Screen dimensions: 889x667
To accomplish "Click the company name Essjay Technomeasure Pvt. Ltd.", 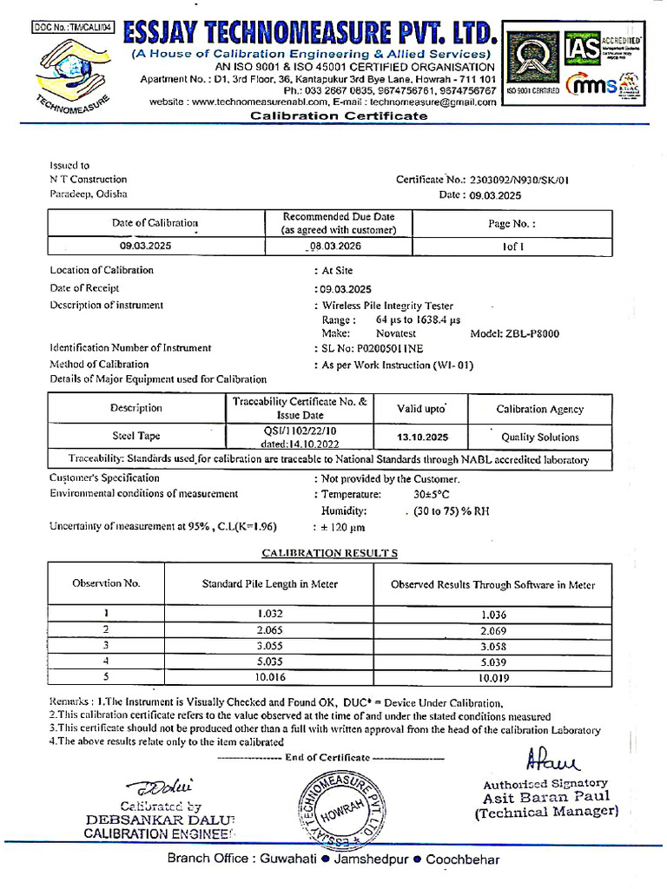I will click(311, 32).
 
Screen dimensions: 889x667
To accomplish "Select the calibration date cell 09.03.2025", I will click(146, 247).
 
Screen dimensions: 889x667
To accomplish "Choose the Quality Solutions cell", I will click(539, 437).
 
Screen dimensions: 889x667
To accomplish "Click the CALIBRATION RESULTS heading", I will click(330, 553).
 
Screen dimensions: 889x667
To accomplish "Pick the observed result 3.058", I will click(492, 646).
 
